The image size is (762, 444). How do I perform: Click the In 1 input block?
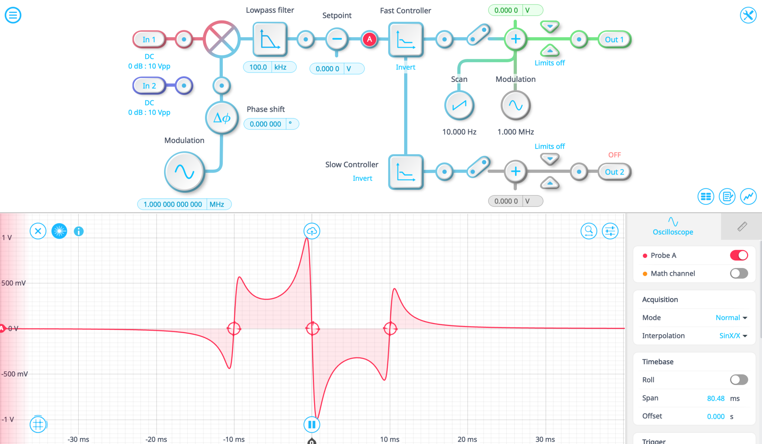tap(149, 39)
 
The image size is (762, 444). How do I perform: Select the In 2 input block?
tap(149, 86)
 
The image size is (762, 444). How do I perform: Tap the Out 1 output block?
tap(614, 39)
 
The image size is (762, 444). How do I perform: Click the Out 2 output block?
tap(614, 172)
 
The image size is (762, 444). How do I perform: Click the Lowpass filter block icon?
tap(270, 39)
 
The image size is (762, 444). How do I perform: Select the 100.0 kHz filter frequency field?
tap(258, 67)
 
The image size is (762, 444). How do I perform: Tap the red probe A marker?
tap(369, 39)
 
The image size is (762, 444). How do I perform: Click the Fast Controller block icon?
tap(406, 39)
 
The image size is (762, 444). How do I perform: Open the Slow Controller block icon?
tap(406, 172)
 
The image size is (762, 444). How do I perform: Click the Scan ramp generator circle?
tap(459, 106)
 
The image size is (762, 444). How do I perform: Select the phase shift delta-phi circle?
tap(222, 118)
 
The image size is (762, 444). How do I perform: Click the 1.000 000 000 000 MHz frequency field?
tap(173, 204)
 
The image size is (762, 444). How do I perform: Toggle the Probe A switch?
tap(739, 255)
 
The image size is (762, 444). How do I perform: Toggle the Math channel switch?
tap(739, 274)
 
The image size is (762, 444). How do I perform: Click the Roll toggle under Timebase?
tap(739, 380)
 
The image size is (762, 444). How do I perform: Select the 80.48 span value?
tap(715, 398)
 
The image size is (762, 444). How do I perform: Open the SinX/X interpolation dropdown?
tap(733, 336)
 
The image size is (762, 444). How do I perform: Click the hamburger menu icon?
tap(13, 15)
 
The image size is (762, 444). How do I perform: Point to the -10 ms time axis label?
tap(234, 439)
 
